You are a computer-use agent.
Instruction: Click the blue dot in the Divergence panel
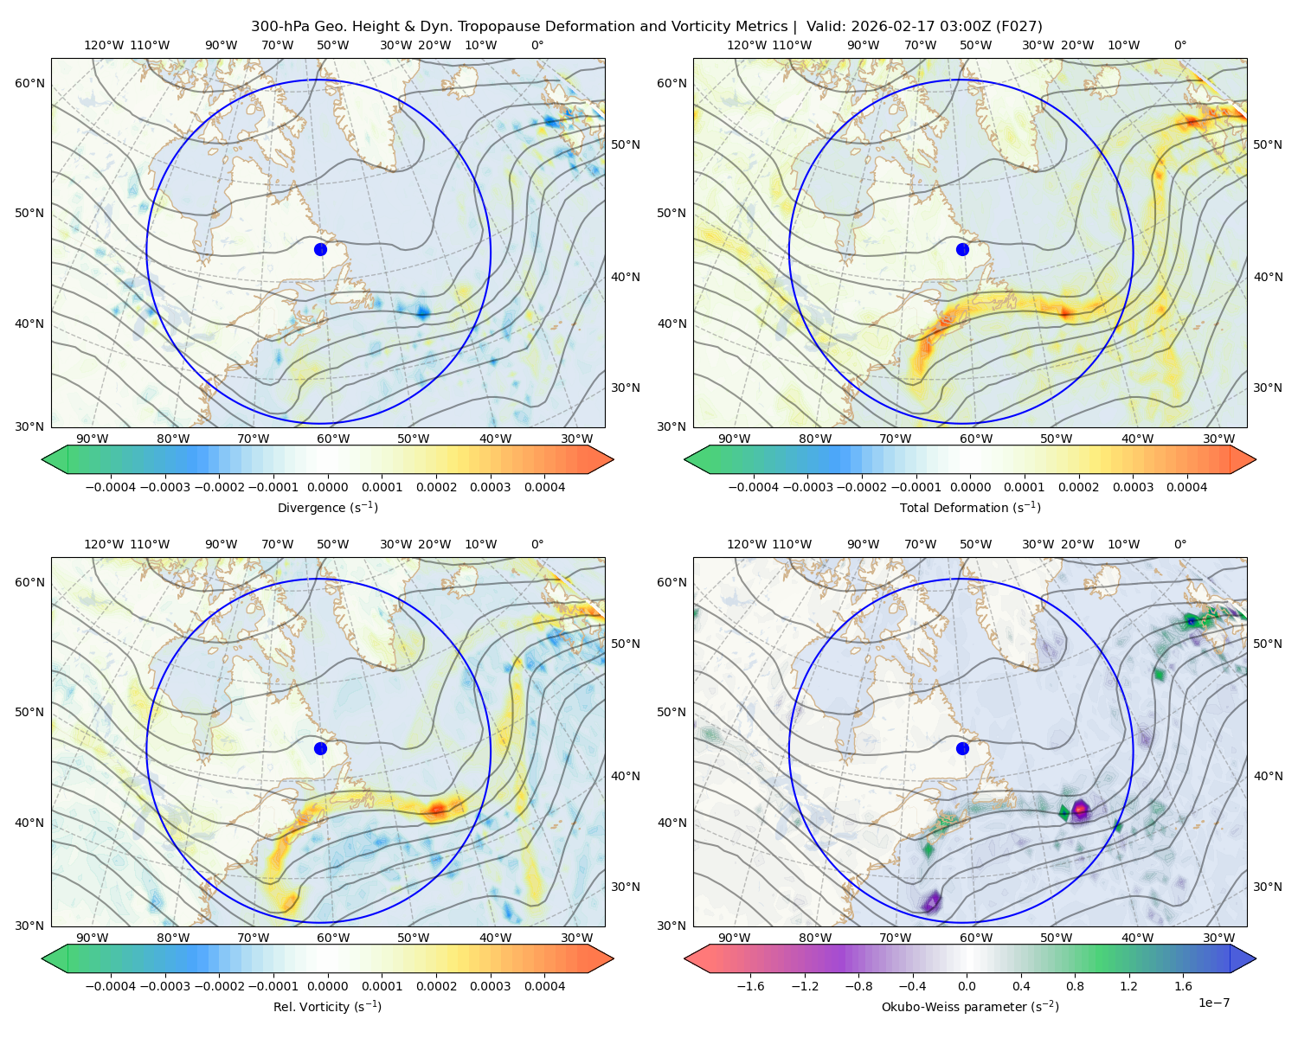pyautogui.click(x=320, y=249)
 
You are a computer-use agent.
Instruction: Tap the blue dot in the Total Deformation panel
pyautogui.click(x=962, y=249)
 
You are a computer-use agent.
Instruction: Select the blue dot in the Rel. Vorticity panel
pyautogui.click(x=320, y=748)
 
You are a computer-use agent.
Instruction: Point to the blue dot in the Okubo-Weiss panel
pyautogui.click(x=962, y=748)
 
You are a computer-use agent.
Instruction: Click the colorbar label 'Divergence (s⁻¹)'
pyautogui.click(x=327, y=507)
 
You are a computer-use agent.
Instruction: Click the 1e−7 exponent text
pyautogui.click(x=1213, y=1003)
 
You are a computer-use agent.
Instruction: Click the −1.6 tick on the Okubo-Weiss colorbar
pyautogui.click(x=750, y=986)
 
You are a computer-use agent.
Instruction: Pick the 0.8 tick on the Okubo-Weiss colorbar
pyautogui.click(x=1075, y=986)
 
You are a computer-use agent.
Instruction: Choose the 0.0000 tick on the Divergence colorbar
pyautogui.click(x=327, y=487)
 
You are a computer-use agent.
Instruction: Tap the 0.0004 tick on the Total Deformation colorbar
pyautogui.click(x=1187, y=487)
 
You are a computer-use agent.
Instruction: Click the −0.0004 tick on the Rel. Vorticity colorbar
pyautogui.click(x=111, y=986)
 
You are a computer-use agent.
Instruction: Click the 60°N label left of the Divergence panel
pyautogui.click(x=29, y=83)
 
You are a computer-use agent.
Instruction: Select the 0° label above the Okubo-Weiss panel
pyautogui.click(x=1179, y=544)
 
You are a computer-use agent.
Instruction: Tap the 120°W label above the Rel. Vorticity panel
pyautogui.click(x=104, y=544)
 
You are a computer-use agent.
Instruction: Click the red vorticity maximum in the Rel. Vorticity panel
pyautogui.click(x=437, y=809)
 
